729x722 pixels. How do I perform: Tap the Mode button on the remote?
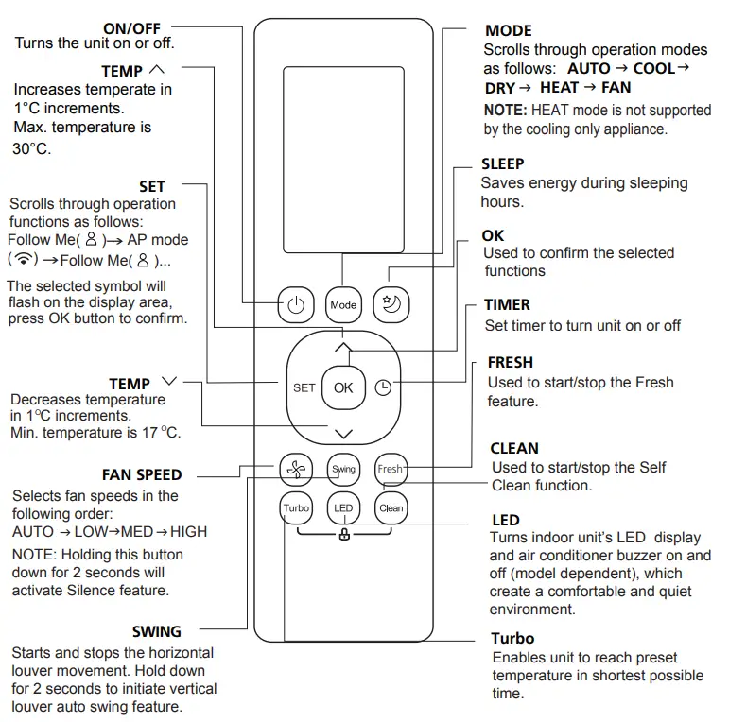tap(343, 304)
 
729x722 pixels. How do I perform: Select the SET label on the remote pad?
tap(304, 387)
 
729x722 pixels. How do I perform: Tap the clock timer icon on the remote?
tap(383, 387)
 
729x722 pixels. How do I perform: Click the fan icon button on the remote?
tap(296, 469)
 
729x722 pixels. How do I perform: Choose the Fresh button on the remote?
tap(390, 469)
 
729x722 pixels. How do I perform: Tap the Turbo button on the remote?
tap(296, 508)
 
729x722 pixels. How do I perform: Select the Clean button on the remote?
tap(391, 508)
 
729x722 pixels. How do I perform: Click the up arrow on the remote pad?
tap(343, 348)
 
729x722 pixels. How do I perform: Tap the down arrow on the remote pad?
tap(343, 434)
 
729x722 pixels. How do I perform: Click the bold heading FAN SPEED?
tap(142, 474)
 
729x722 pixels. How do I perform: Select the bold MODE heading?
tap(508, 31)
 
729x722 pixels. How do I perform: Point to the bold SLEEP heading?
tap(502, 163)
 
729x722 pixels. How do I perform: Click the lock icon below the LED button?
tap(343, 535)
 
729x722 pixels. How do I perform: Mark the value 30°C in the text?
tap(31, 149)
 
